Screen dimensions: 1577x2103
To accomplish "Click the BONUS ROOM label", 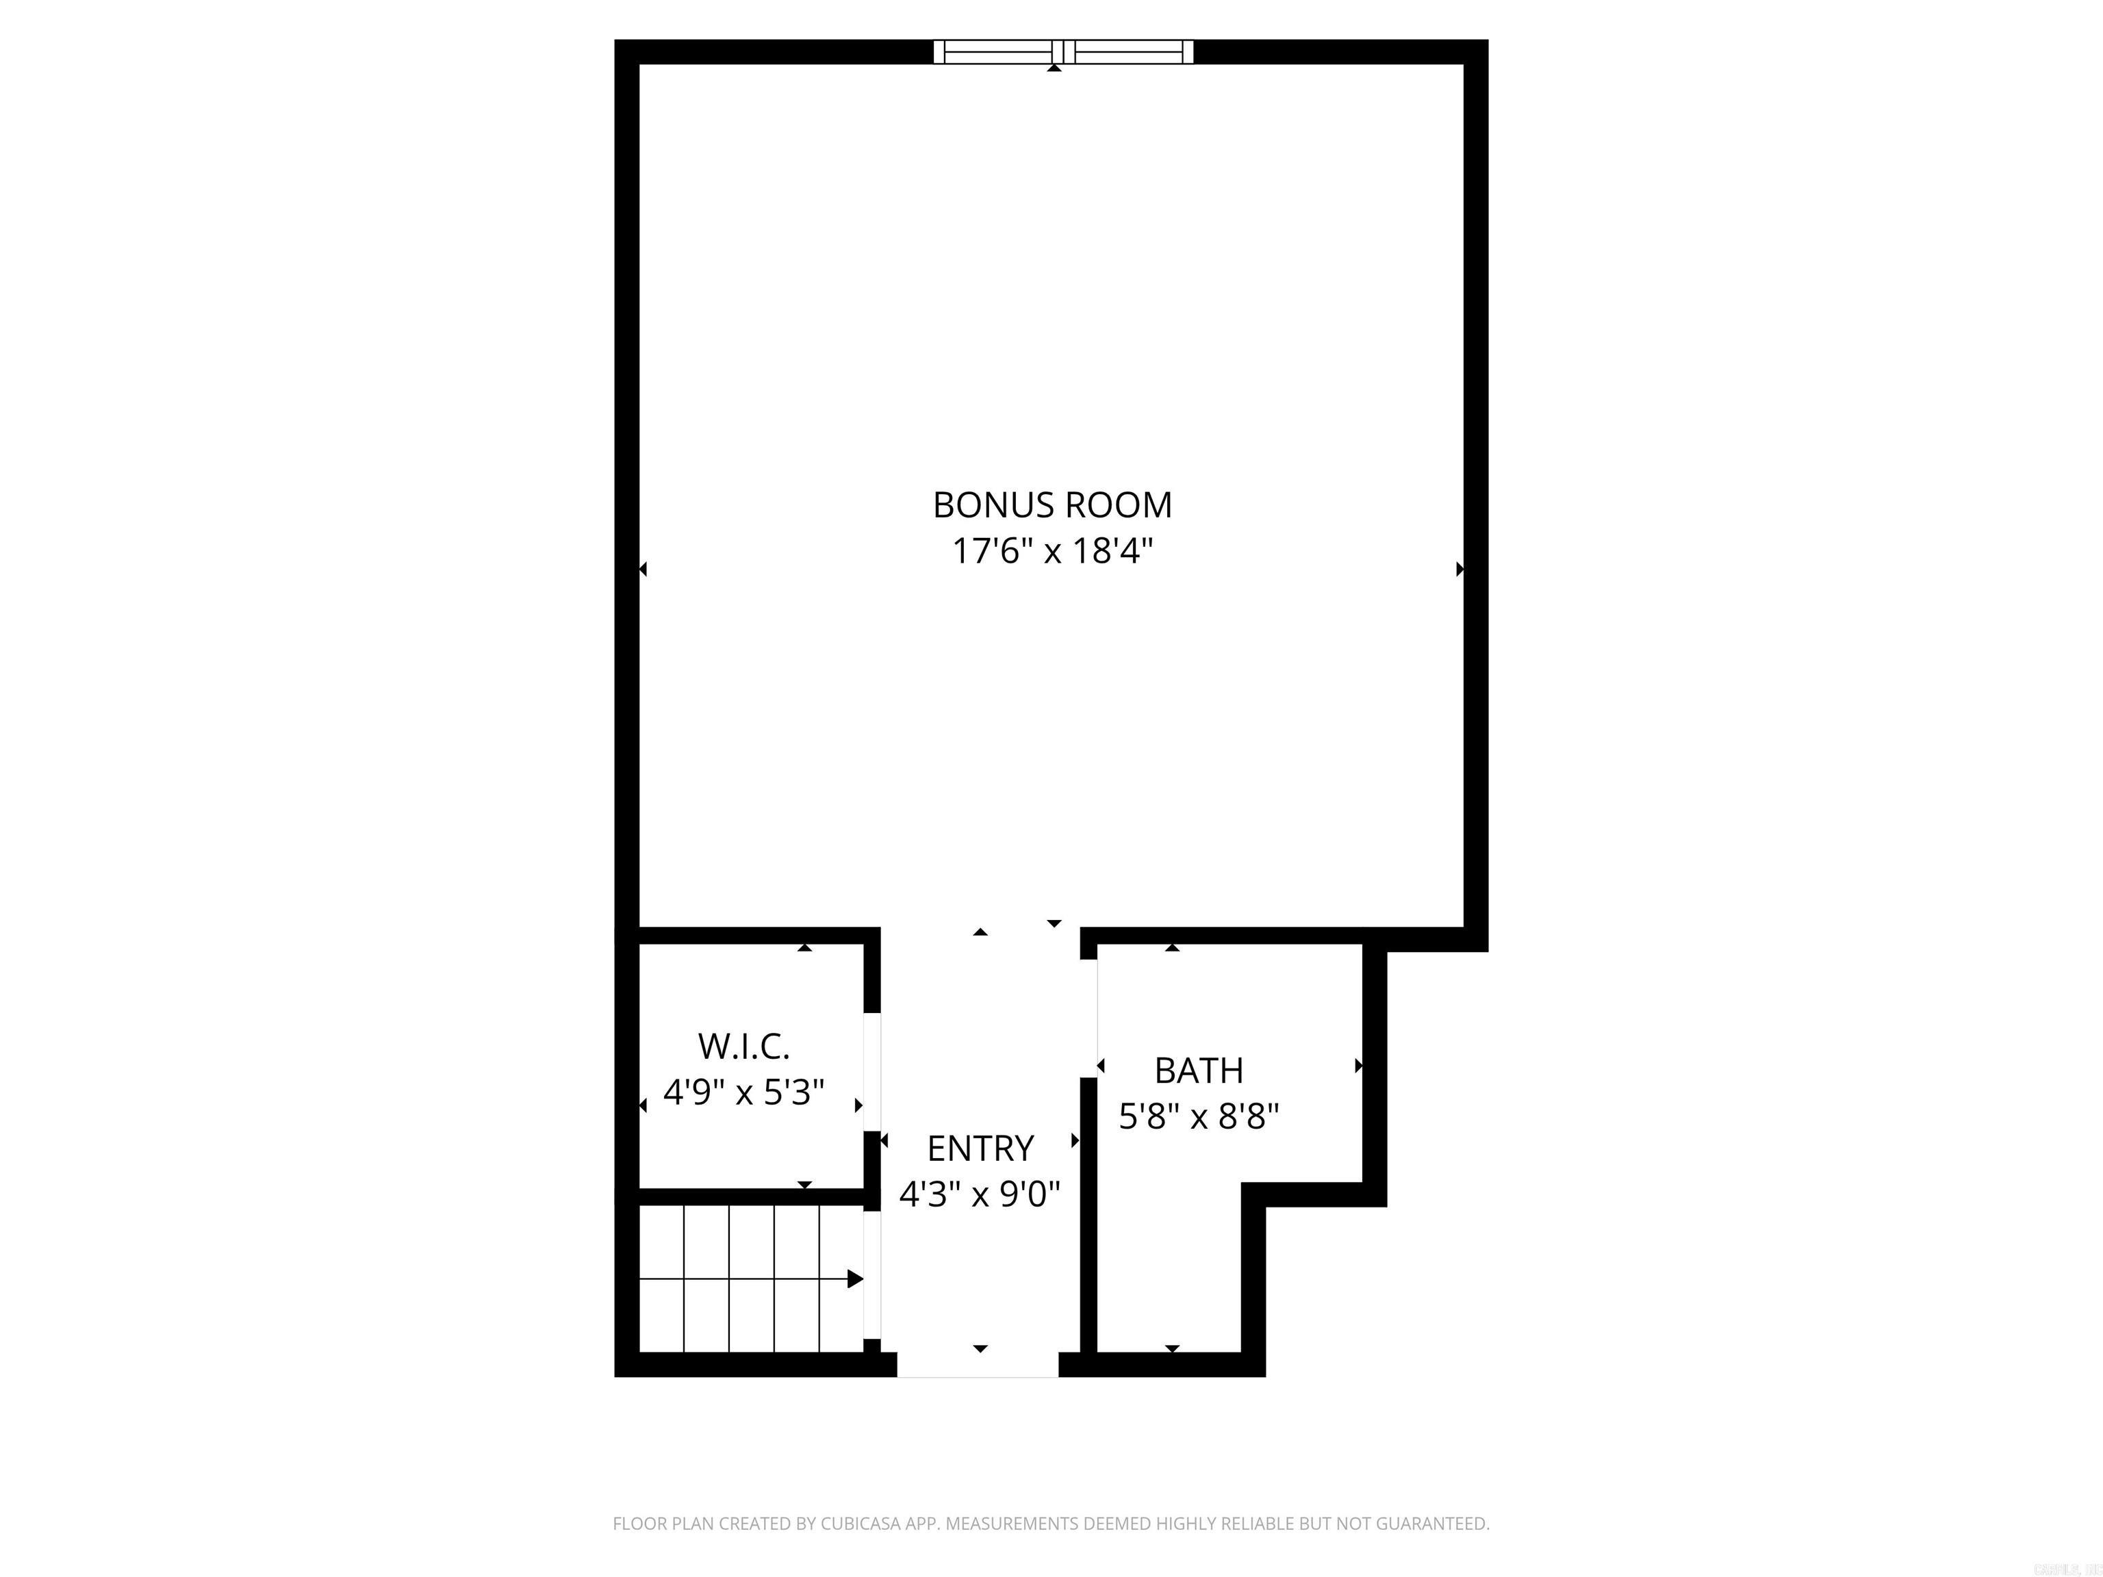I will click(1052, 504).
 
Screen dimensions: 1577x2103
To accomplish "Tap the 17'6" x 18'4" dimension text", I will click(1052, 551).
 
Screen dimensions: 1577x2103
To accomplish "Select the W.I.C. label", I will click(743, 1047).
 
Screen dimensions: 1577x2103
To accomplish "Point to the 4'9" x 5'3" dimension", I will click(743, 1092).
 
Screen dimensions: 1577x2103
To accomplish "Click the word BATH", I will click(1198, 1070).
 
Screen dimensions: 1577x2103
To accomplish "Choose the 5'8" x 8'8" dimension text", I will click(1198, 1116).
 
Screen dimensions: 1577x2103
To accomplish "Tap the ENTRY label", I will click(980, 1149).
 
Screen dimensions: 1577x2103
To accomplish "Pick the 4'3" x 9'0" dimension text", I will click(980, 1194).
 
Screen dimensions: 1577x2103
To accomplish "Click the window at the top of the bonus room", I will click(1063, 51).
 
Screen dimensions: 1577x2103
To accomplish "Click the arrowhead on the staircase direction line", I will click(855, 1279).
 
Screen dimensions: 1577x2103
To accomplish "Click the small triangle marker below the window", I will click(1054, 68).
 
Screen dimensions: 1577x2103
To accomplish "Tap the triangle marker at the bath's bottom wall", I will click(1172, 1348).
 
